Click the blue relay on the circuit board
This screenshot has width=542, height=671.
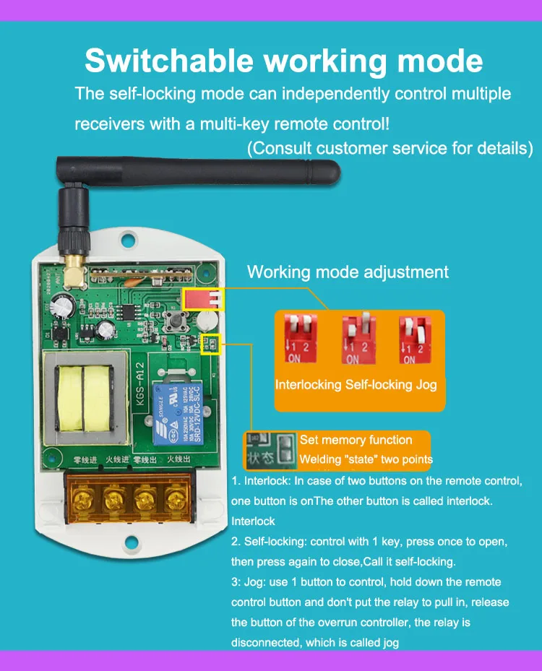pyautogui.click(x=172, y=411)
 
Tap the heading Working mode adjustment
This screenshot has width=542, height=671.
pyautogui.click(x=348, y=272)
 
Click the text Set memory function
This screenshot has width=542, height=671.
pyautogui.click(x=356, y=440)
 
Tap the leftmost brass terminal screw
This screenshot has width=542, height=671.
pyautogui.click(x=82, y=499)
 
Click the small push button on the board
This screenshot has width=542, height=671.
pyautogui.click(x=174, y=321)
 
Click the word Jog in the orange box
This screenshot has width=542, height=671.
pyautogui.click(x=426, y=384)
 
